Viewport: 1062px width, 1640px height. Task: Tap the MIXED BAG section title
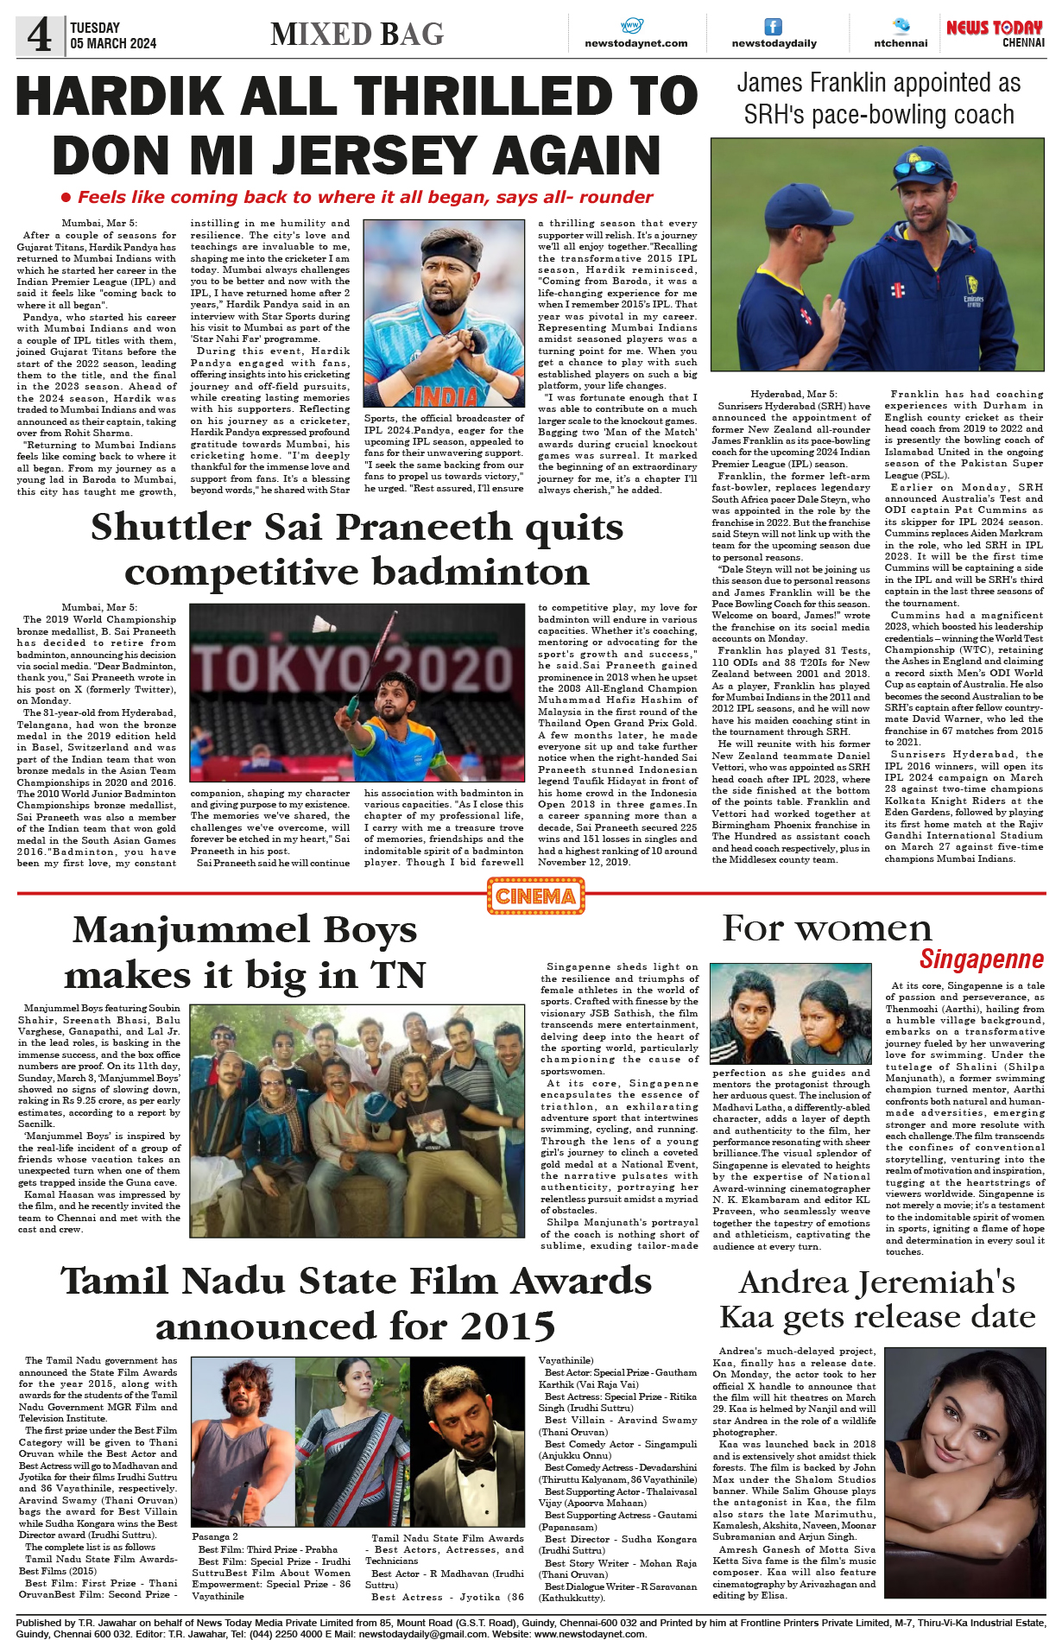[357, 35]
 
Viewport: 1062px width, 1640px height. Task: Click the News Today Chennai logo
[995, 34]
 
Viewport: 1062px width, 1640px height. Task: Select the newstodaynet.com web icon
[632, 26]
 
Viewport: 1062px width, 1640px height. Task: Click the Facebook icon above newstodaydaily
[773, 27]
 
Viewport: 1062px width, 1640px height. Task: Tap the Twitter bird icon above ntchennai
[901, 25]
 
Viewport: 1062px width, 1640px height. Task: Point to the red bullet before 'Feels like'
[66, 198]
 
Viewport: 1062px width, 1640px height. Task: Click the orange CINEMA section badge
[535, 896]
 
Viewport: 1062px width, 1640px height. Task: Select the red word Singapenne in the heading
[981, 959]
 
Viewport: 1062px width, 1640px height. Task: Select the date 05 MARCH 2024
[113, 43]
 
